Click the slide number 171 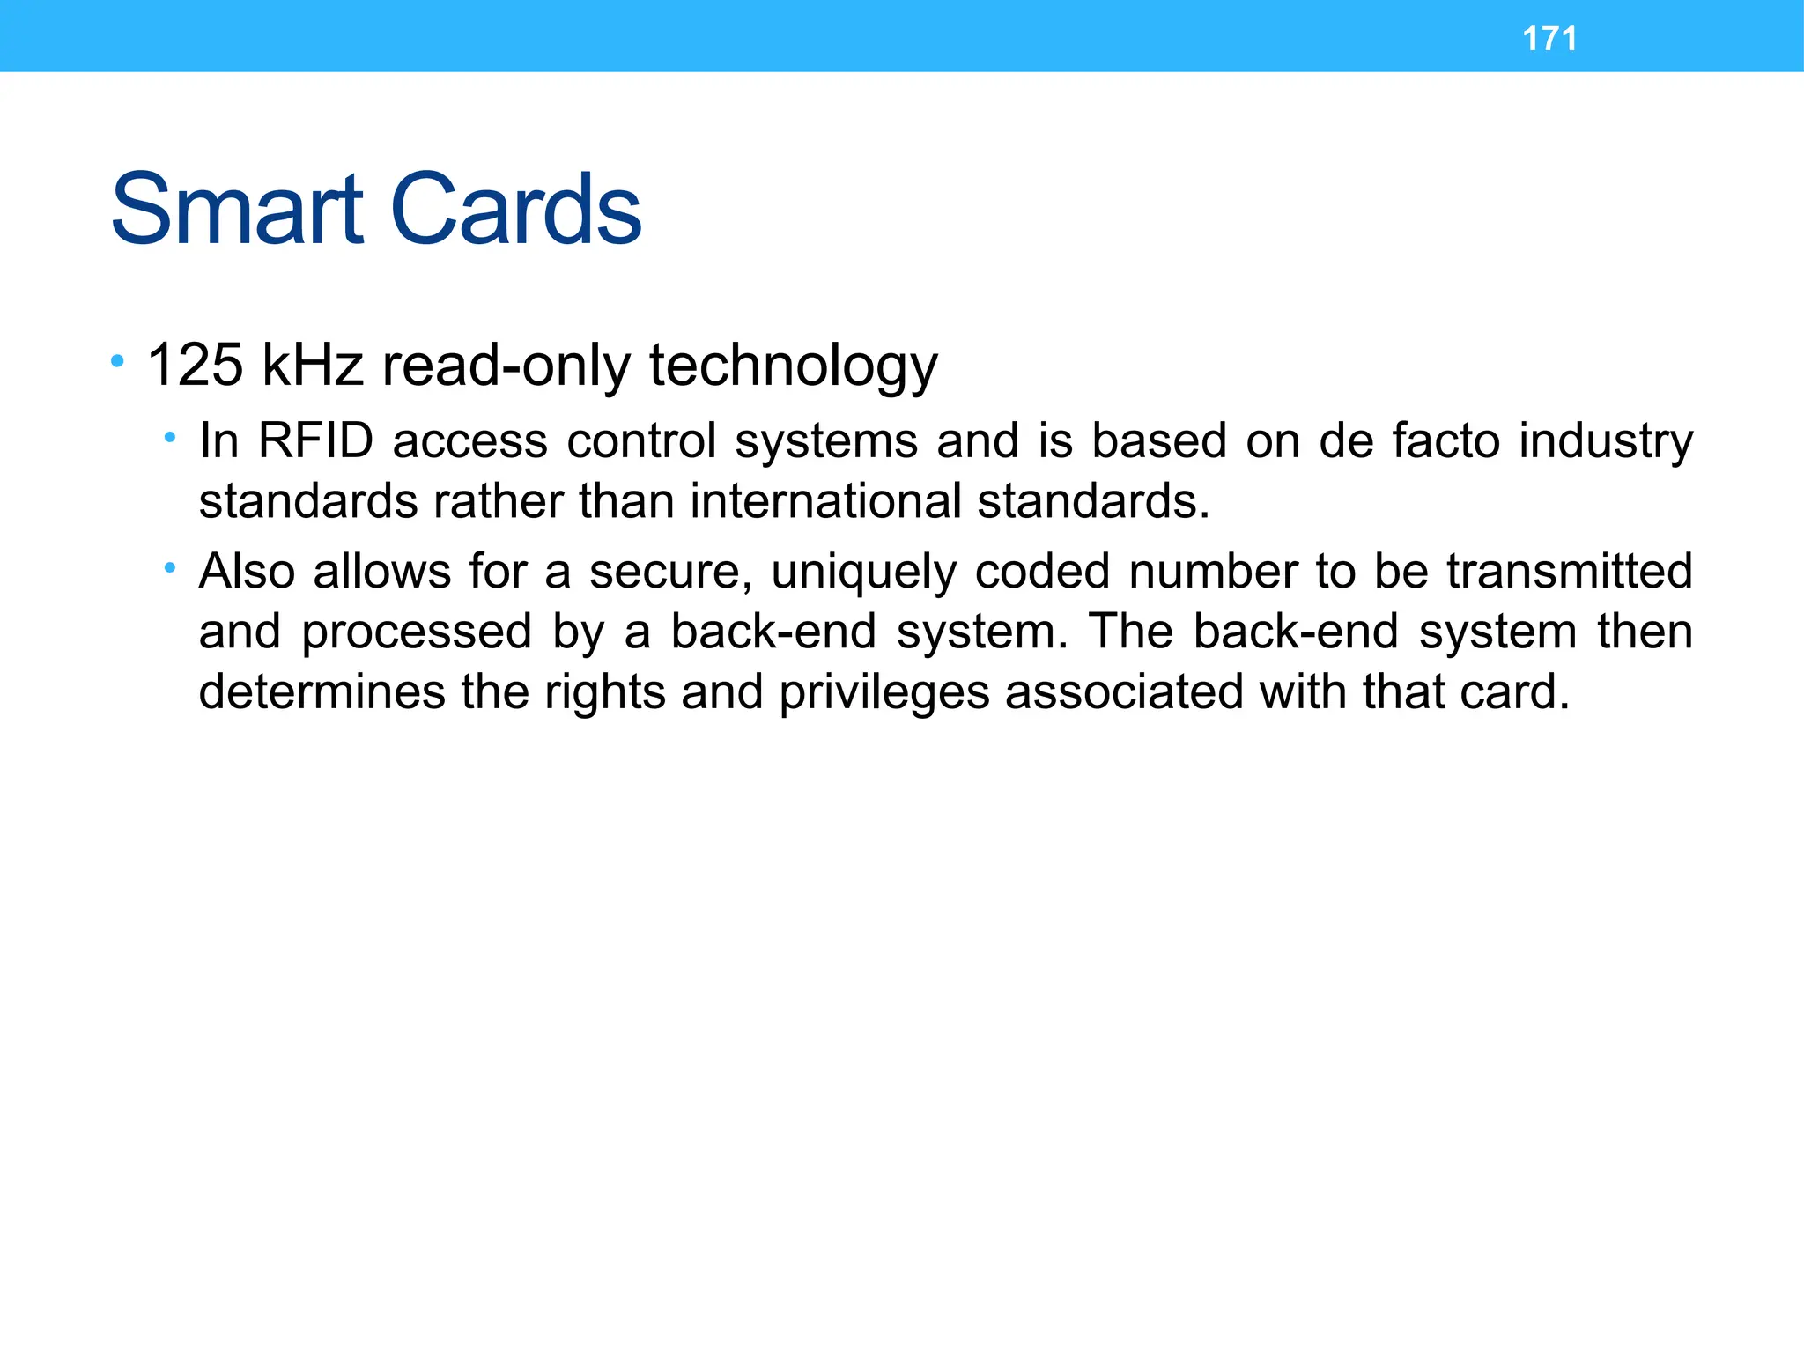(x=1549, y=39)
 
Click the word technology (x=793, y=366)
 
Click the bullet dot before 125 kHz (x=117, y=360)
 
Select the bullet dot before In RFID (x=169, y=437)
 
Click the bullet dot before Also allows (x=169, y=567)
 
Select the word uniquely (x=862, y=573)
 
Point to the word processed (x=417, y=632)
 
